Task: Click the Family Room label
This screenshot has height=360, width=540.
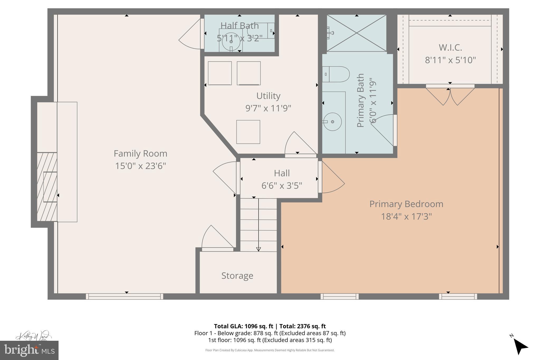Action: pos(140,153)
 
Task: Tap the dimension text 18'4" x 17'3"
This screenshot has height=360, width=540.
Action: pos(406,217)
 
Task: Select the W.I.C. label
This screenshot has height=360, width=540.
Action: pos(450,47)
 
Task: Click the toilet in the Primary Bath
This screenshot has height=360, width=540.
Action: pos(336,74)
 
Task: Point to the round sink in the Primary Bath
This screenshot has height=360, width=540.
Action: pos(332,122)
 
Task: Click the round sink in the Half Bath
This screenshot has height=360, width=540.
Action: pos(231,41)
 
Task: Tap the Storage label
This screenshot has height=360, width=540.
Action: pos(237,276)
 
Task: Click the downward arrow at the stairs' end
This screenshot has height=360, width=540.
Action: pos(258,249)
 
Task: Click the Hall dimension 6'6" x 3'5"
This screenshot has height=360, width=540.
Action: pos(282,186)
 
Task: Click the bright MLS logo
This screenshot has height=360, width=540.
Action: pos(29,350)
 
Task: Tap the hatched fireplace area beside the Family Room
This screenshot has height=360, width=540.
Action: pos(47,187)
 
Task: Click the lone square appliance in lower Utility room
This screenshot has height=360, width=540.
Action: pos(248,132)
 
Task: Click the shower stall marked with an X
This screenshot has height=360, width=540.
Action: pos(356,33)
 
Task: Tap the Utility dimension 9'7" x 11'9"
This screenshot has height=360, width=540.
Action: pos(268,108)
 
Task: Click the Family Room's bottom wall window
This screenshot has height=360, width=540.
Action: pos(124,296)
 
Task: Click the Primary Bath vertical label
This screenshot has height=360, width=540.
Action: pos(360,100)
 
